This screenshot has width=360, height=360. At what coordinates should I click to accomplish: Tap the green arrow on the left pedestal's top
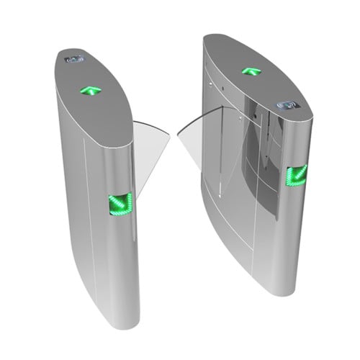(x=91, y=91)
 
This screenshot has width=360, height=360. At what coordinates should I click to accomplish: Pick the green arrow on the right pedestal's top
(x=251, y=71)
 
